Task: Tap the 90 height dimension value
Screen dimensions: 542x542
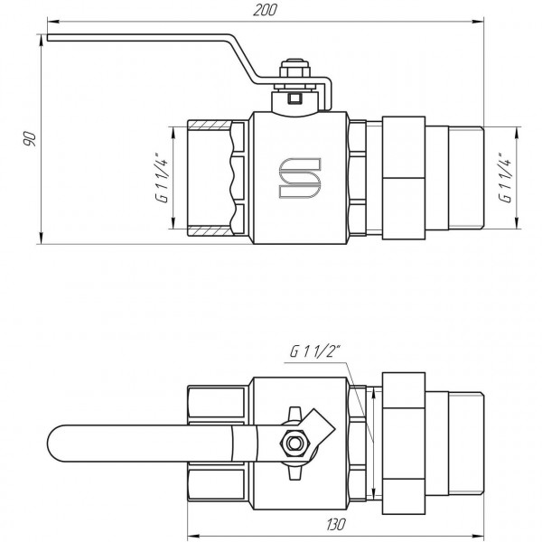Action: [x=29, y=137]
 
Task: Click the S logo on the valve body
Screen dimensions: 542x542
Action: [x=297, y=178]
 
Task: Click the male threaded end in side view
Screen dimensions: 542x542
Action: [x=466, y=178]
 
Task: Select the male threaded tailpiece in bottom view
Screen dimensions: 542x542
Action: [x=466, y=443]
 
